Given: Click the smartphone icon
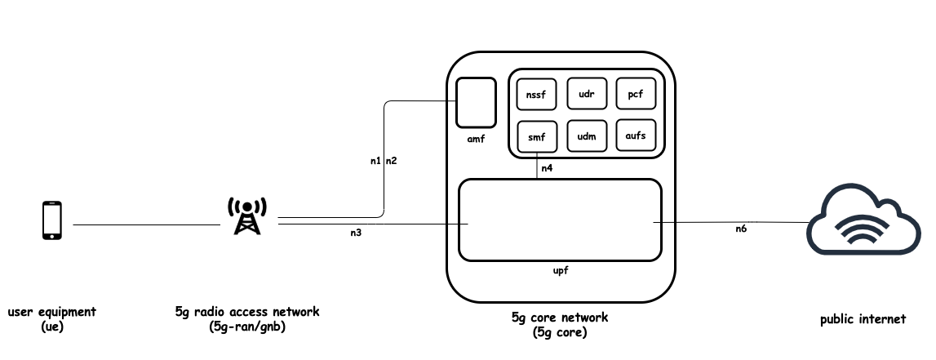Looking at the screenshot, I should [x=51, y=221].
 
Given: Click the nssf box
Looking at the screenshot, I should [x=536, y=94].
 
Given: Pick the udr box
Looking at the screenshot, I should [x=585, y=94].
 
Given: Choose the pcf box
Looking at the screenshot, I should [x=635, y=94].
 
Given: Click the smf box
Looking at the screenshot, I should [x=536, y=136].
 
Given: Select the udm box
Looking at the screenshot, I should [x=585, y=136].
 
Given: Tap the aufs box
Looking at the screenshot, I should [x=635, y=136].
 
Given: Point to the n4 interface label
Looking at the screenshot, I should [x=547, y=167].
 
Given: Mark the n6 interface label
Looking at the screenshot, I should [x=740, y=230].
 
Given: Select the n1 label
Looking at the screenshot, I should [x=375, y=161].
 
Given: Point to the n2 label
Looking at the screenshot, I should [x=392, y=161].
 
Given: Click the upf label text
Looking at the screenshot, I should [x=560, y=270].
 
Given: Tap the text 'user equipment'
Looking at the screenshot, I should [x=52, y=312].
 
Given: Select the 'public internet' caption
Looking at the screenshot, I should [x=863, y=320].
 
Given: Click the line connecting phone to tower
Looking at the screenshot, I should [x=147, y=224].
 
